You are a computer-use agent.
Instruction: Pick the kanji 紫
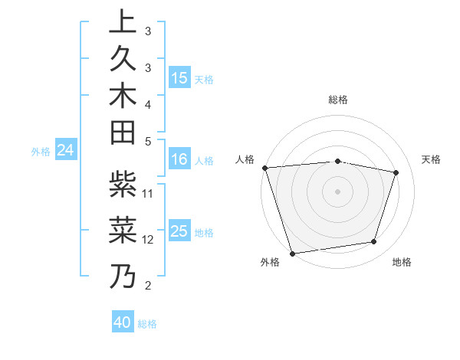123,184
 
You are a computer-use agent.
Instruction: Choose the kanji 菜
123,228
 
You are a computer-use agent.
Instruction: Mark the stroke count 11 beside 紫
149,193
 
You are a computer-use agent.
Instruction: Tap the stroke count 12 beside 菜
149,239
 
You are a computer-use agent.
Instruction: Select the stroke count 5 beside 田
149,141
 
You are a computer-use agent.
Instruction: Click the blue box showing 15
179,79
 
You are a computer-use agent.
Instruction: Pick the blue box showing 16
179,160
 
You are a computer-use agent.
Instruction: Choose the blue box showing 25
179,232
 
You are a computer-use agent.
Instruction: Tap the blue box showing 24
66,151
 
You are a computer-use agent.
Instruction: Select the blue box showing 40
123,323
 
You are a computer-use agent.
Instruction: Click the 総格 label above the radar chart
338,100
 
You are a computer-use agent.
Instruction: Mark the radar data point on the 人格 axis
264,168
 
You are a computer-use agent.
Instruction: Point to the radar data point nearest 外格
292,253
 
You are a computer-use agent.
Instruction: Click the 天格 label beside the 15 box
204,80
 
